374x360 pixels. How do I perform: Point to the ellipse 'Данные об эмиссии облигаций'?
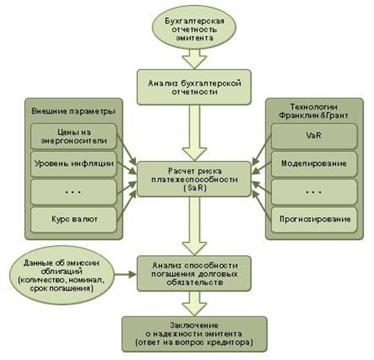[57, 272]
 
